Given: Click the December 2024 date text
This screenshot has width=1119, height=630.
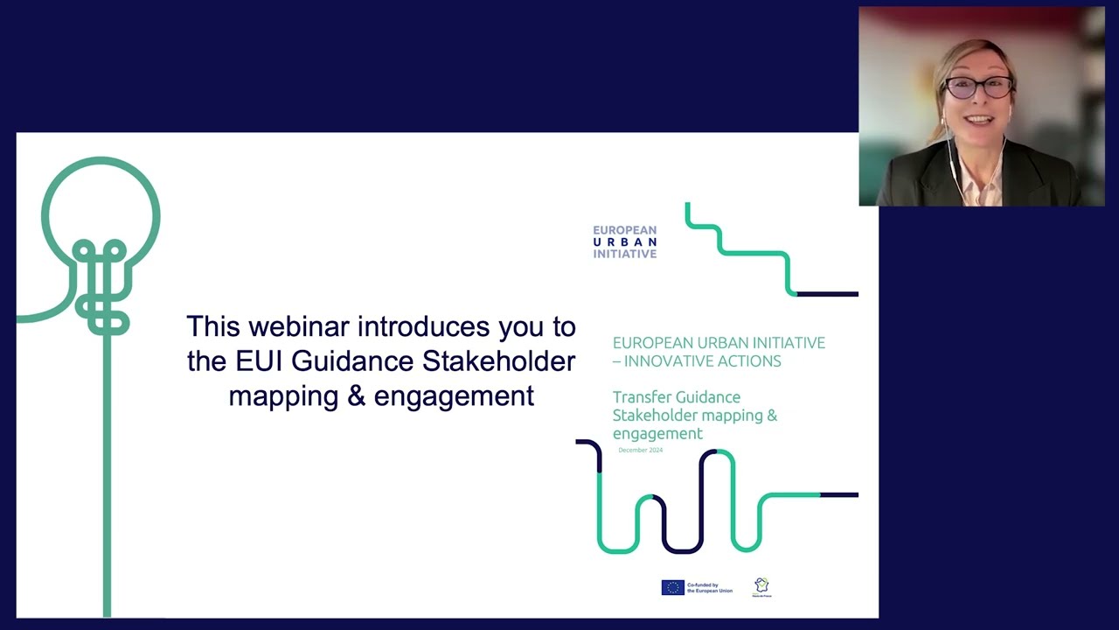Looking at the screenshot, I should tap(640, 450).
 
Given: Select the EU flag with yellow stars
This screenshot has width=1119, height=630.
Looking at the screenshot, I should tap(672, 588).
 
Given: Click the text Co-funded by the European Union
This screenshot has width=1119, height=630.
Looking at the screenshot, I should tap(710, 588).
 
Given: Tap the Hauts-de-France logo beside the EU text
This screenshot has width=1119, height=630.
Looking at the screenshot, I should tap(761, 587).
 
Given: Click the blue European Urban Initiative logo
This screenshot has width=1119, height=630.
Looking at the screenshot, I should tap(624, 242).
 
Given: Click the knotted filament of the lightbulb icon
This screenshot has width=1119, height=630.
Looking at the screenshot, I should tap(102, 289).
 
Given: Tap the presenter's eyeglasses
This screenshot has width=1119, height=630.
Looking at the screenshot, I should tap(979, 87).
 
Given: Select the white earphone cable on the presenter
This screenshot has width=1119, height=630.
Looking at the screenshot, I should tap(955, 162).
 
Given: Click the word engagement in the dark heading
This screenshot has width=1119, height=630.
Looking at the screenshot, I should tap(454, 395).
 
